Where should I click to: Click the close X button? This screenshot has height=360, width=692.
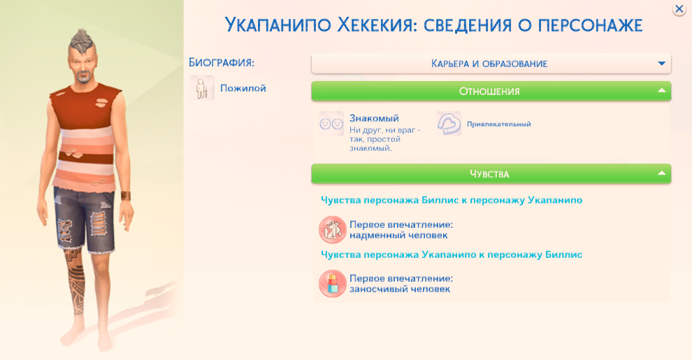[x=679, y=9]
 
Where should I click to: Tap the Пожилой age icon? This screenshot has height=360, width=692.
[x=201, y=89]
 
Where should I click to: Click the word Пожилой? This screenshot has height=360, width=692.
[x=243, y=89]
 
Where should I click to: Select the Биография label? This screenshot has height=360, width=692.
[x=222, y=62]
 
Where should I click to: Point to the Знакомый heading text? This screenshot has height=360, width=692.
[x=374, y=119]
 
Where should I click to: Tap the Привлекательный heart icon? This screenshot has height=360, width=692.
[x=449, y=124]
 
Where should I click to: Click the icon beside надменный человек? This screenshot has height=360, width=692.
[x=332, y=229]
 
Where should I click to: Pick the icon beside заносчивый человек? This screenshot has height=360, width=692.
[x=332, y=283]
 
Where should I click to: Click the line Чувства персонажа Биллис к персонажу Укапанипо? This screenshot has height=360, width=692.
[x=452, y=200]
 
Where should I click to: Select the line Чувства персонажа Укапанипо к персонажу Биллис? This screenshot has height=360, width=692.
[x=452, y=254]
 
